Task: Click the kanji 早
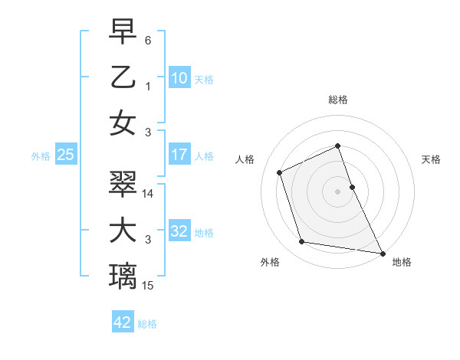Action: (123, 32)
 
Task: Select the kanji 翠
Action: (123, 185)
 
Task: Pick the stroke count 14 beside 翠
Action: (149, 194)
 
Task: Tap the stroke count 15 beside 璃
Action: (149, 286)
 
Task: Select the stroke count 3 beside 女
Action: (147, 133)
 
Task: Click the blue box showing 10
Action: (179, 77)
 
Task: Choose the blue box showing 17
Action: (179, 155)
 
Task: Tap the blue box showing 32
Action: (179, 231)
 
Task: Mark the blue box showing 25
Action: (65, 155)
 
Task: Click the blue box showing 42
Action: (123, 322)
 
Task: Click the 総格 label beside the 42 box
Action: (147, 324)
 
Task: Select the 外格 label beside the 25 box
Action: (41, 156)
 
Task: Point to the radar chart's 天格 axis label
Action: (432, 159)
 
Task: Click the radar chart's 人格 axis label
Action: (245, 159)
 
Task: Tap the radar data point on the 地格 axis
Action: (381, 253)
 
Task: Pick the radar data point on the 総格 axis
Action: (338, 146)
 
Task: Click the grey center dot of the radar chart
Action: (338, 191)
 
